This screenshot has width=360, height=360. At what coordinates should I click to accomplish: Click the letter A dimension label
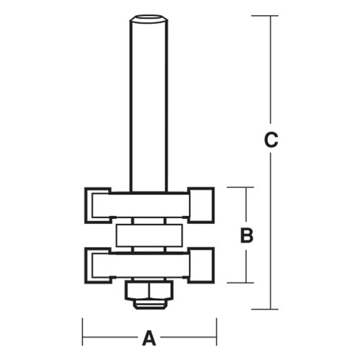150,336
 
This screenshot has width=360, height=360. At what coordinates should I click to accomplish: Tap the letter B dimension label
246,235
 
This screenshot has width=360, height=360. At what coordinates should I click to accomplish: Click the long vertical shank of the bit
150,108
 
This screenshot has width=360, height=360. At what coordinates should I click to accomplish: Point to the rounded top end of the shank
150,17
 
